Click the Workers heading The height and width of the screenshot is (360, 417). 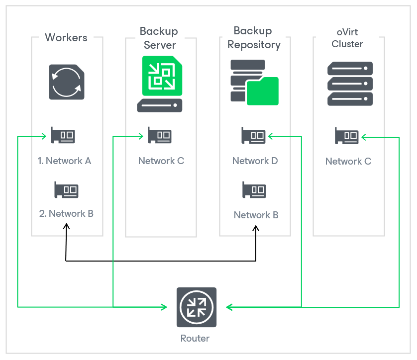pos(66,38)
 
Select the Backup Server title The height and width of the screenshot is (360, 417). pos(159,38)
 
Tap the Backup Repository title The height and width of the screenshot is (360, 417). pos(254,38)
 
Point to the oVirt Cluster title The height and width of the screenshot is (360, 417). pos(347,38)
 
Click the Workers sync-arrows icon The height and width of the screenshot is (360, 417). pos(66,82)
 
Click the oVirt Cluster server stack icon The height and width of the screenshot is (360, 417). pos(350,84)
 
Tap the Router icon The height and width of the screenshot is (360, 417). pos(197,307)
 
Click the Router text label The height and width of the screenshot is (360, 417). pos(195,339)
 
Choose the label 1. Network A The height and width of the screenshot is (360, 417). pos(65,161)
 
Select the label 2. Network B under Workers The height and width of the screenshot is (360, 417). pos(66,214)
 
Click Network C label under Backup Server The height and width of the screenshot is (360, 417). pos(161,161)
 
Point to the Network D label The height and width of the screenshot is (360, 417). pos(255,161)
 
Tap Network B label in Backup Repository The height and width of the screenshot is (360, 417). pos(256,215)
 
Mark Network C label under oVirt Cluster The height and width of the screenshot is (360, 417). pos(348,162)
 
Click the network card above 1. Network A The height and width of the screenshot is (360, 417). pos(63,135)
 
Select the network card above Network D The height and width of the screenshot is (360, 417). pos(254,135)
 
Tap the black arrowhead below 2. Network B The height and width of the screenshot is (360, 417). pos(66,226)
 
